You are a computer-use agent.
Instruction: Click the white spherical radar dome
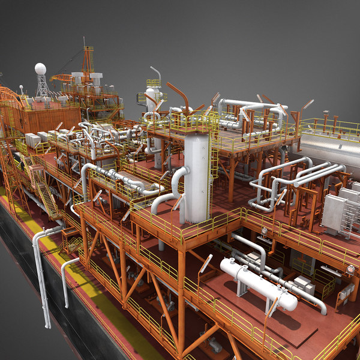click(40, 69)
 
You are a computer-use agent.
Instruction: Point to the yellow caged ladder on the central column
click(214, 162)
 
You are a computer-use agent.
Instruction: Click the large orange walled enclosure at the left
click(48, 118)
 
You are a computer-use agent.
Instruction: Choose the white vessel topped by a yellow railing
click(154, 96)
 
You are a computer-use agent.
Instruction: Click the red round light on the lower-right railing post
click(350, 270)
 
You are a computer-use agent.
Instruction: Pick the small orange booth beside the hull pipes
click(71, 240)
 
